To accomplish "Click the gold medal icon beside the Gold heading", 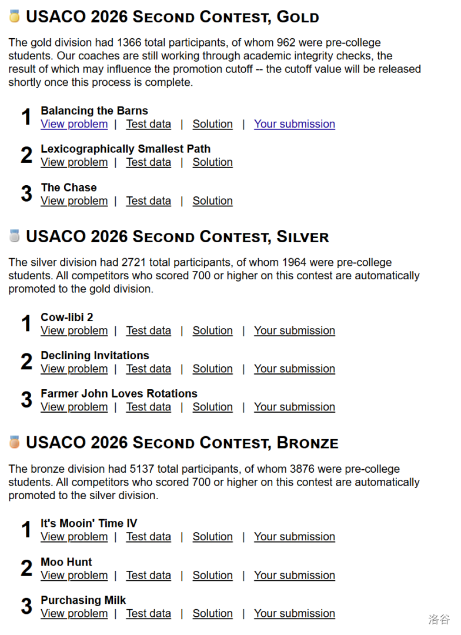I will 14,16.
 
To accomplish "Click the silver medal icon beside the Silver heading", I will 14,236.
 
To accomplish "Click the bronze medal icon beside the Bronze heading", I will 14,442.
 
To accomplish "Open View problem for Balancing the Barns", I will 74,124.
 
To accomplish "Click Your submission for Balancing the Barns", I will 294,124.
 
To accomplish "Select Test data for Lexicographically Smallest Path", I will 148,162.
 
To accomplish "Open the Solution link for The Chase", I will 212,201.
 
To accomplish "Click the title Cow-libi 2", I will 66,317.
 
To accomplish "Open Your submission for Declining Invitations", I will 294,369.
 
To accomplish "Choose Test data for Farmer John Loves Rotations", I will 148,407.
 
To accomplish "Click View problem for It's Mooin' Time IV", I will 74,537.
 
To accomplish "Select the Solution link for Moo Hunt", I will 212,576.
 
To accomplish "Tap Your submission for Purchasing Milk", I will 294,614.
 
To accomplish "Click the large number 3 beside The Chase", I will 26,194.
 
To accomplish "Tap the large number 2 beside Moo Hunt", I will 26,569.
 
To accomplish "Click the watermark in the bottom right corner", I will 439,619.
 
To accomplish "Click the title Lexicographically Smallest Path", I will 125,149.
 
